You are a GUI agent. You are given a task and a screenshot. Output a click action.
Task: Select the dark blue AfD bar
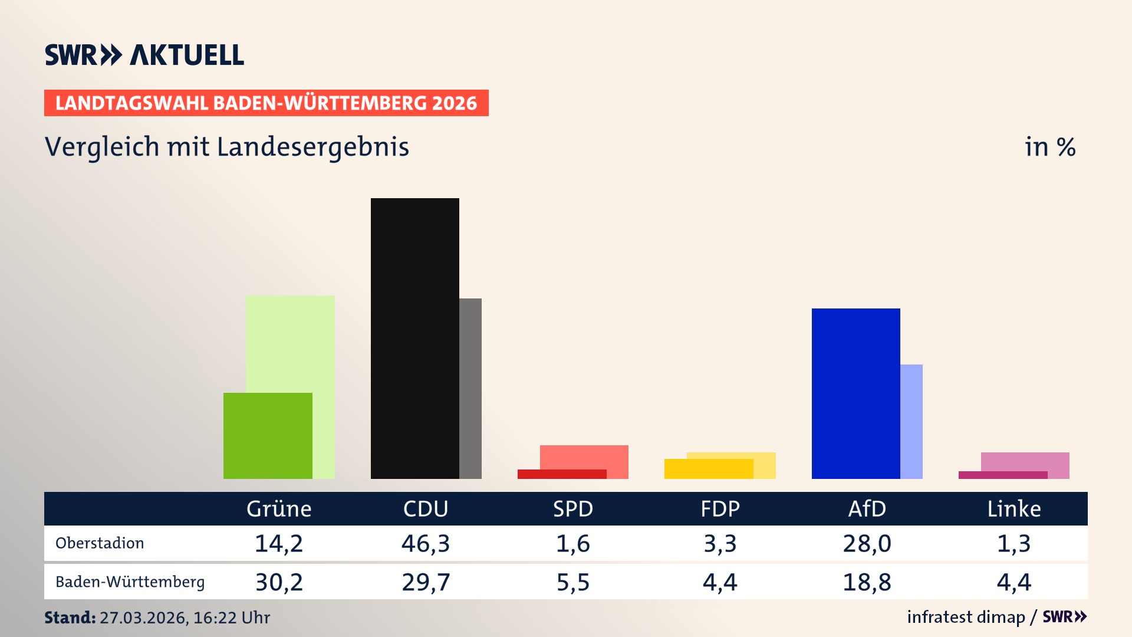855,393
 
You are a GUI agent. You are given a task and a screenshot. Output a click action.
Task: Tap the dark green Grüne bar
268,436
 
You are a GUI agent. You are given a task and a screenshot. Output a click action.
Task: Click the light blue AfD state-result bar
911,421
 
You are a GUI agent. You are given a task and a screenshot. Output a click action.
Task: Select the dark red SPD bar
561,474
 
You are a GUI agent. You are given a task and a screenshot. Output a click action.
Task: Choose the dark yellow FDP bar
708,469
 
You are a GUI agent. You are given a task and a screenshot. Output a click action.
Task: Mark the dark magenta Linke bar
1002,475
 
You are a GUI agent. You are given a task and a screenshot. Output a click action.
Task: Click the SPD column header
573,509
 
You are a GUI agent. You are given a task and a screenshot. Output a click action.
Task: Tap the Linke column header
1014,509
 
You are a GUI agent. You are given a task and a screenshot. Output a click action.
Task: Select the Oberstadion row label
100,543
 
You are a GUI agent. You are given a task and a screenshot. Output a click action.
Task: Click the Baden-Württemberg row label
130,582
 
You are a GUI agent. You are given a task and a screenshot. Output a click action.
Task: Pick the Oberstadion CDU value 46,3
426,543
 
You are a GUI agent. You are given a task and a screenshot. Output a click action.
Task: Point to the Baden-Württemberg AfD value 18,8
867,582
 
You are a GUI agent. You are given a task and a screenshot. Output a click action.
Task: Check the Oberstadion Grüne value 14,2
279,543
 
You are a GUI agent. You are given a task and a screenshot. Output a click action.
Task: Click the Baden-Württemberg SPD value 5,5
573,582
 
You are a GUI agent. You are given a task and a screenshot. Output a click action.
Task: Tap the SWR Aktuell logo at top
144,55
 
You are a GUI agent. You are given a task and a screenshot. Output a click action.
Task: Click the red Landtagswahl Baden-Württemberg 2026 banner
266,103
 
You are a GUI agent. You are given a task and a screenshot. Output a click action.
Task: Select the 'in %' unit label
1050,147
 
